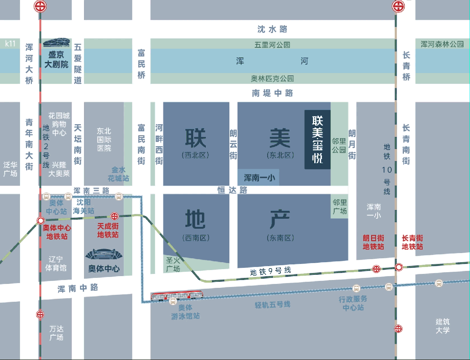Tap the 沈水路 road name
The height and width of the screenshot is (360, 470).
coord(272,29)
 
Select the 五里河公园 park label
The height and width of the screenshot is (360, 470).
coord(272,45)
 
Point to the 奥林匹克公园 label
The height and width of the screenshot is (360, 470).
coord(272,79)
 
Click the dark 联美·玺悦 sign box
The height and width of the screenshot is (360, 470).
coord(317,139)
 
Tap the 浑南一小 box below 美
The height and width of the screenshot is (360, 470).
coord(258,177)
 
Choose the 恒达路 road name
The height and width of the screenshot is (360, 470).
coord(232,190)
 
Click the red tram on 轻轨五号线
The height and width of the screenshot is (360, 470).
coord(177,295)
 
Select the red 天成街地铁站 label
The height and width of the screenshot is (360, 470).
coord(107,231)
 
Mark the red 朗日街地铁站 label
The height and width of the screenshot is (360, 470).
coord(373,242)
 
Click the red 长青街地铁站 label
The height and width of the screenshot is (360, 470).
coord(412,242)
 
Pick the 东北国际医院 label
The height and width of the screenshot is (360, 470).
coord(104,139)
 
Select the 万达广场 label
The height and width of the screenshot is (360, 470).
coord(56,333)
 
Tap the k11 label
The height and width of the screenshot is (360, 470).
coord(10,43)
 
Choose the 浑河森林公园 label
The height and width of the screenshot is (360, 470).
coord(442,44)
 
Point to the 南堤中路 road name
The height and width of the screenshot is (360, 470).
coord(272,93)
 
